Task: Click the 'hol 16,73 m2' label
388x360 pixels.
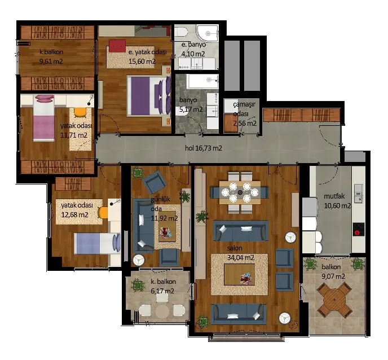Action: [204, 148]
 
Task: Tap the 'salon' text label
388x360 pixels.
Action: [235, 248]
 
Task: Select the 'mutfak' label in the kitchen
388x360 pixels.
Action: [334, 196]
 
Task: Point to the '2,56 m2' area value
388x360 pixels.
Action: [245, 123]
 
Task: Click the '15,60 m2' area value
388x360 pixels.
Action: [142, 61]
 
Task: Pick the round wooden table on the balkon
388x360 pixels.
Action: [334, 301]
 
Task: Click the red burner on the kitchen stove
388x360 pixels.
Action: [357, 232]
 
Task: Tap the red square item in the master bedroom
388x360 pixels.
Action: [117, 46]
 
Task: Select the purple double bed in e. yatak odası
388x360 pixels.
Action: [148, 96]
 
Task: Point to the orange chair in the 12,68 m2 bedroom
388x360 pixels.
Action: [103, 213]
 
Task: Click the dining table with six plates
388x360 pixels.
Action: [240, 192]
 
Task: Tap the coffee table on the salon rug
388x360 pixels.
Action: [239, 274]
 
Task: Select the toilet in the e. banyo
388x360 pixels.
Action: [180, 32]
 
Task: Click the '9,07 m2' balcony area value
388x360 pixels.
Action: [333, 276]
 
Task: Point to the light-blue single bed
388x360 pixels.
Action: [97, 243]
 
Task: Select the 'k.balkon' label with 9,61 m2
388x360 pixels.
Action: [51, 52]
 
